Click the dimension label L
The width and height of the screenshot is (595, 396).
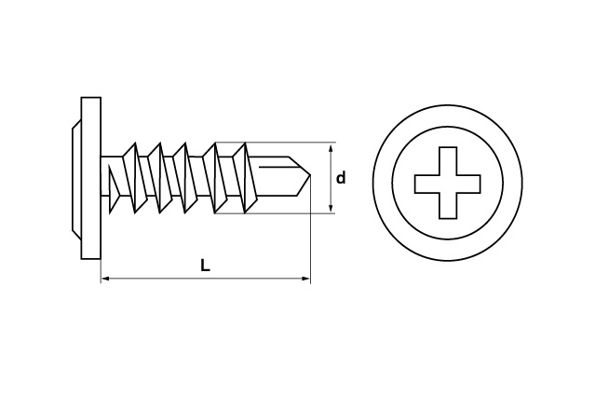pos(205,266)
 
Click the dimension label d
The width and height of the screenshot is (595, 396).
pos(341,178)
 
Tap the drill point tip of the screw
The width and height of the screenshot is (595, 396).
pos(311,175)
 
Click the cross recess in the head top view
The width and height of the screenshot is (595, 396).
pos(447,183)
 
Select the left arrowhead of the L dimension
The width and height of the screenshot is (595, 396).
pos(106,279)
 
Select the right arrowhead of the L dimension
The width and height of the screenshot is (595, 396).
pos(305,279)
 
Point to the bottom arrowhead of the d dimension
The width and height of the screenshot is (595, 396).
pos(331,208)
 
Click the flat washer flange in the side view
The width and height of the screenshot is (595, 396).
pos(90,178)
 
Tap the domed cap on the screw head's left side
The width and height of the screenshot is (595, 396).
pos(76,178)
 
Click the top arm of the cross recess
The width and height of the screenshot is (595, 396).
pos(447,160)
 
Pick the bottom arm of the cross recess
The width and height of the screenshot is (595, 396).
pos(447,206)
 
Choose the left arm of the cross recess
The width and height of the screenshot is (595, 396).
pos(426,184)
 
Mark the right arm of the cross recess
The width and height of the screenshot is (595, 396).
pos(468,184)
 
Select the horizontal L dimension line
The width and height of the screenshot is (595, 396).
pos(206,279)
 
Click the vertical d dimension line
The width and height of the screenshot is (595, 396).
pos(331,178)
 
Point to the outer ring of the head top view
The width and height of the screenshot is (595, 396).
pos(447,105)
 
